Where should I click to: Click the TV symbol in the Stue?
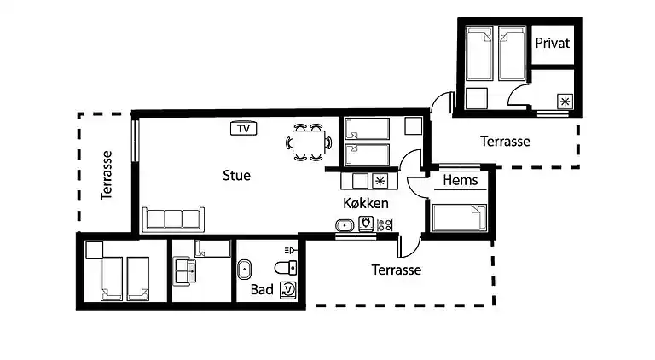tap(244, 129)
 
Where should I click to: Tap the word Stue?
tap(236, 176)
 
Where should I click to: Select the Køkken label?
tap(366, 204)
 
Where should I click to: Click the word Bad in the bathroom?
tap(262, 290)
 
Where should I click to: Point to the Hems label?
tap(460, 181)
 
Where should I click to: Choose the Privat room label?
tap(552, 44)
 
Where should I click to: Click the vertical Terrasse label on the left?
tap(107, 175)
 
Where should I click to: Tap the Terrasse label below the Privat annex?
tap(505, 141)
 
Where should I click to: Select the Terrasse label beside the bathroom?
tap(397, 270)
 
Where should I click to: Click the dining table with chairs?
tap(307, 142)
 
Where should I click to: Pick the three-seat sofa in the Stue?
tap(174, 218)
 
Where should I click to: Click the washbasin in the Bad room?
tap(245, 269)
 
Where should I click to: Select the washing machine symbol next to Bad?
tap(288, 290)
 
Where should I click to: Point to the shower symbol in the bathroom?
tap(290, 250)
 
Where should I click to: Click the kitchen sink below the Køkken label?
tap(345, 226)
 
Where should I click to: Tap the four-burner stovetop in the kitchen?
tap(384, 225)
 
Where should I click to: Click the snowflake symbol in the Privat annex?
tap(564, 102)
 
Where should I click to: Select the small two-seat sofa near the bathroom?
tap(185, 271)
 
